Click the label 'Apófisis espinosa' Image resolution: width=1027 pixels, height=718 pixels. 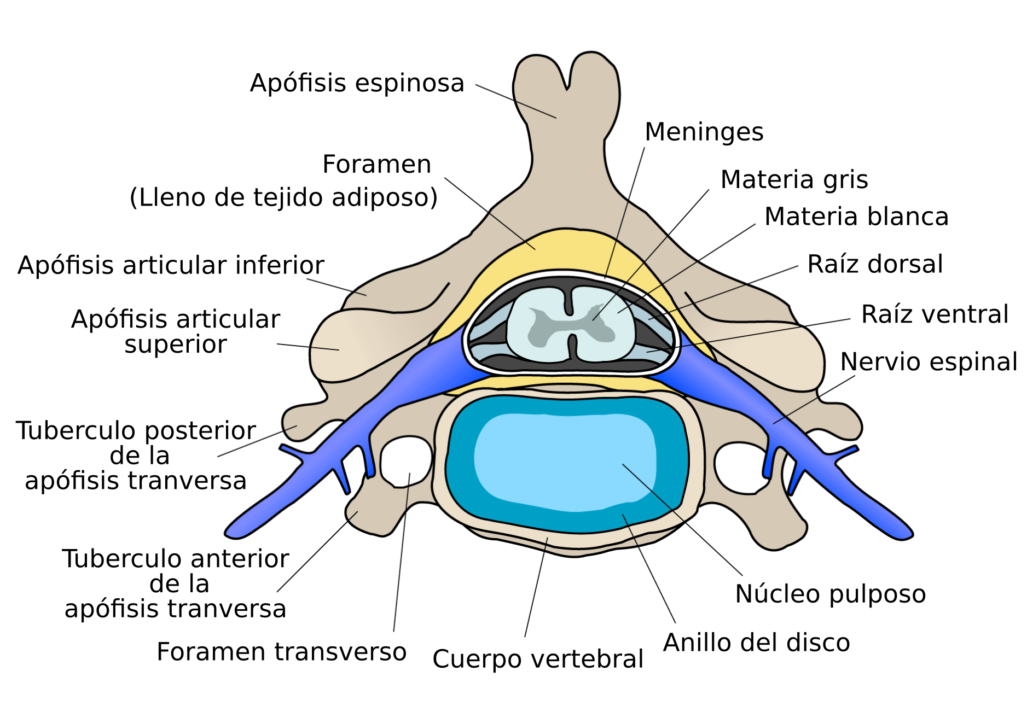[357, 84]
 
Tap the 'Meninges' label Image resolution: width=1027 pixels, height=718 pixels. [704, 132]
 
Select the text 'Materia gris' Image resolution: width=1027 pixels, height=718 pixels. [794, 180]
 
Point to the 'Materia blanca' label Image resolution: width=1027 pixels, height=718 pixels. [856, 217]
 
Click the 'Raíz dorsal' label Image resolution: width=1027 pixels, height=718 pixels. [875, 265]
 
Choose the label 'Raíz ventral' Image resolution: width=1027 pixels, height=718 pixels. [935, 315]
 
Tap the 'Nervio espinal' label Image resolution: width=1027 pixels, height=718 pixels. [929, 363]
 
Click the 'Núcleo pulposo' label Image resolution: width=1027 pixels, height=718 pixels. [830, 594]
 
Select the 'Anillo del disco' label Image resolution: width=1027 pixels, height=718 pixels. [756, 643]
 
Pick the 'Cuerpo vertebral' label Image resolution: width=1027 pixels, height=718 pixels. [537, 659]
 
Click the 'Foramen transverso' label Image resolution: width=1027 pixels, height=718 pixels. [281, 652]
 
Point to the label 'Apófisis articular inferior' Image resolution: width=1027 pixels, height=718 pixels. [171, 266]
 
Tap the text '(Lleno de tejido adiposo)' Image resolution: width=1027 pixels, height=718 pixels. [283, 198]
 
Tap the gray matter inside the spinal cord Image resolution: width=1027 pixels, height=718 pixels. [569, 325]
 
